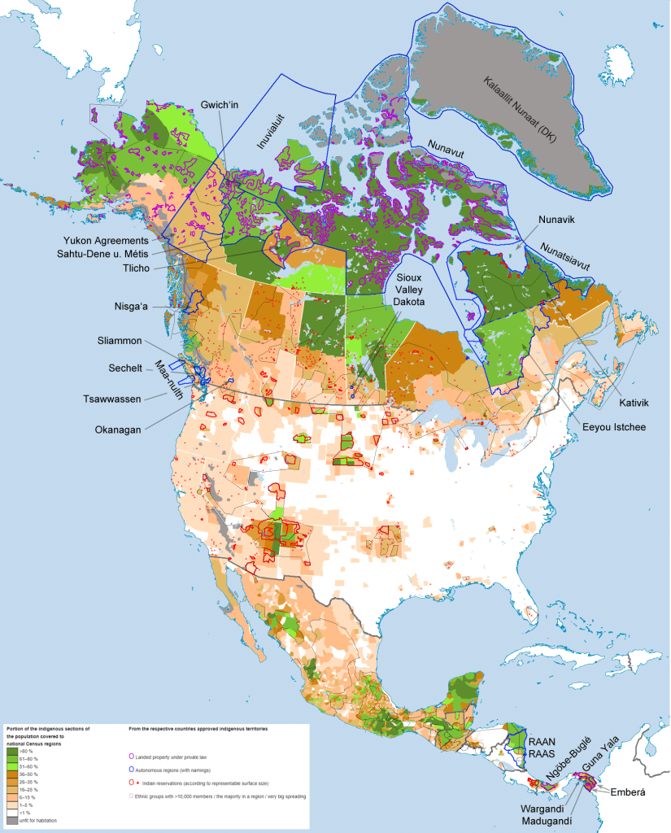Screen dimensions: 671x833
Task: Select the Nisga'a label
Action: click(x=137, y=307)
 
